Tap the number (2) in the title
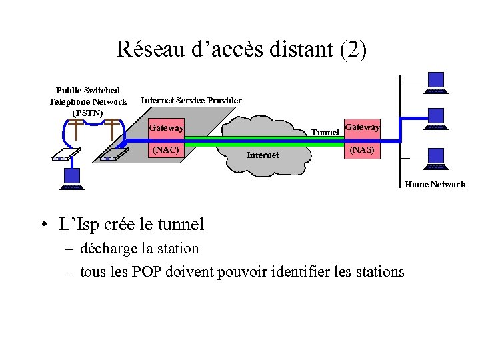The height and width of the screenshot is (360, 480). coord(352,50)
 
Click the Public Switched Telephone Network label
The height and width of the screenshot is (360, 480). coord(87,101)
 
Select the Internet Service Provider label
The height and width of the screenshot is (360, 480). coord(191,101)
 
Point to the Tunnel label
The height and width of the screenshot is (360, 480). coord(325,133)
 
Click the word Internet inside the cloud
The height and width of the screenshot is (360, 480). coord(263,155)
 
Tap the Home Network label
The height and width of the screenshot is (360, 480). coord(435,185)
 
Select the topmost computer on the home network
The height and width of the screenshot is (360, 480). coord(436,83)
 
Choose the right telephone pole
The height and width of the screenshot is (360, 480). coord(114,131)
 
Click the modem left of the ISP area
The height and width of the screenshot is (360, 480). coord(65,154)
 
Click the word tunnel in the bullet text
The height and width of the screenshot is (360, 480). coord(182,224)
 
